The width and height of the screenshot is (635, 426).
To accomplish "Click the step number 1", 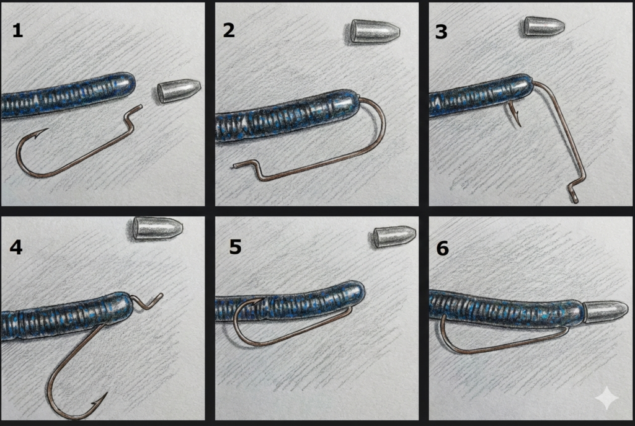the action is (17, 30).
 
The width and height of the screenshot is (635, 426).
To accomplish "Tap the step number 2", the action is (229, 30).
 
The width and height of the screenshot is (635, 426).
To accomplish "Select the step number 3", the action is (441, 32).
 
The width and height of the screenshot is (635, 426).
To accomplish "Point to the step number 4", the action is (16, 247).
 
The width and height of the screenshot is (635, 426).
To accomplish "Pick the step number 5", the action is (235, 247).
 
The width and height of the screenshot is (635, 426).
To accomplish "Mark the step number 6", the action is (443, 248).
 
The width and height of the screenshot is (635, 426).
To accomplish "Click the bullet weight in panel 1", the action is (179, 91).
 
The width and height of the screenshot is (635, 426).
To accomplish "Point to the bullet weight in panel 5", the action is (394, 237).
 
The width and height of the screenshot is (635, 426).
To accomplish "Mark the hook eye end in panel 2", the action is (236, 166).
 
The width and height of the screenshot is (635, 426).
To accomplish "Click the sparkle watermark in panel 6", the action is (606, 398).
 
